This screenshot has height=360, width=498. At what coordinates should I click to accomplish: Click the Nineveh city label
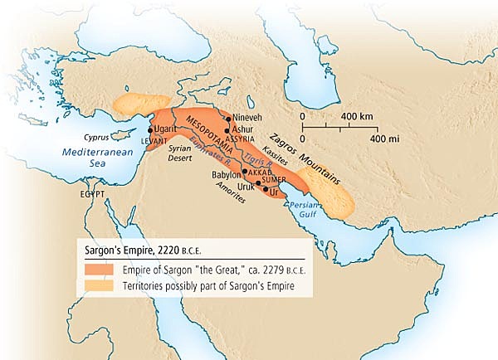pyautogui.click(x=248, y=119)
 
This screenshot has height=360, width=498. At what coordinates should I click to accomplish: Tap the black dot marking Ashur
pyautogui.click(x=227, y=130)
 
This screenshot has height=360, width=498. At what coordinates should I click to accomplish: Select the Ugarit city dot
pyautogui.click(x=150, y=130)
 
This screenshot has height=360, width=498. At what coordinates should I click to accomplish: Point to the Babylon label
pyautogui.click(x=225, y=175)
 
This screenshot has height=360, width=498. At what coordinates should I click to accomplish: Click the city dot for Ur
pyautogui.click(x=266, y=190)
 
